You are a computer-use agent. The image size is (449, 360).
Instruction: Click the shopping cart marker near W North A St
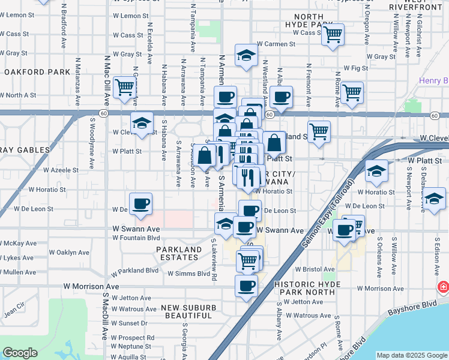pos(124,88)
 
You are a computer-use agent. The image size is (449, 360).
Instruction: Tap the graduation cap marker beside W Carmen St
pos(246,56)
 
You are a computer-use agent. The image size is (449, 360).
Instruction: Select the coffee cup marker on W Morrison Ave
pos(246,287)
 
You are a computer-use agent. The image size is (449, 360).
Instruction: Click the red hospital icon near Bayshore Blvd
pos(444,287)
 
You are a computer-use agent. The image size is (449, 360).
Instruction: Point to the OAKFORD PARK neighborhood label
pos(37,72)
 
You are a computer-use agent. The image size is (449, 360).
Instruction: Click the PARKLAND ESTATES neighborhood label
pos(179,253)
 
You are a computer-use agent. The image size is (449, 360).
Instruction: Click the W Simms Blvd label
pos(188,274)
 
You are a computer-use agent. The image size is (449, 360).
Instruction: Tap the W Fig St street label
pos(355,68)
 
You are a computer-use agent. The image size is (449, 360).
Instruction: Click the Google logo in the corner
pos(20,353)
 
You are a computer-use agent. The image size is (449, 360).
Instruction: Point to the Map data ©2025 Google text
pos(412,355)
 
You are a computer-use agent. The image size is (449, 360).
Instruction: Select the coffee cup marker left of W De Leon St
pos(140,204)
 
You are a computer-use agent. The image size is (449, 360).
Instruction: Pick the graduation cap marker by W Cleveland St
pos(142,124)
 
